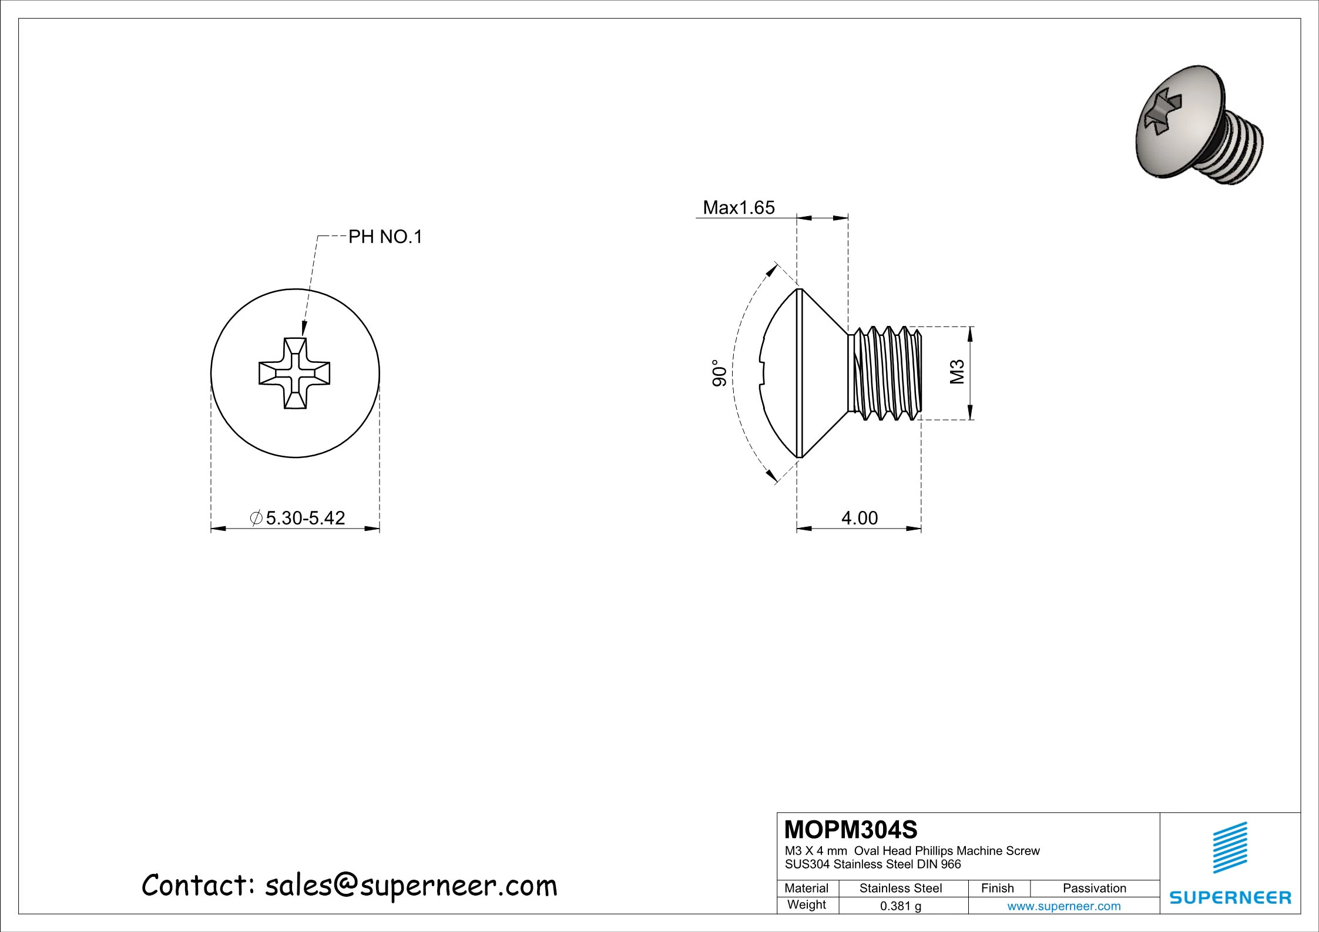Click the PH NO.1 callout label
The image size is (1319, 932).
385,237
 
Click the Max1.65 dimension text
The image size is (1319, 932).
739,208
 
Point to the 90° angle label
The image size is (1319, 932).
720,373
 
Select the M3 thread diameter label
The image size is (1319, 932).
958,372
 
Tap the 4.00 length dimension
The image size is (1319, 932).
860,518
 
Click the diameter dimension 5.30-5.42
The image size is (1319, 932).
305,518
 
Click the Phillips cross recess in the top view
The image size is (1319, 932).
294,373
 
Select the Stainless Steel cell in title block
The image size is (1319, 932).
901,889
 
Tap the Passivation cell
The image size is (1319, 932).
1095,889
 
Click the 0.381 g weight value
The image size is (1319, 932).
901,906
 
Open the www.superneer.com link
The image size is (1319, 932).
1064,906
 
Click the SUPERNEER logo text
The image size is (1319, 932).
1230,898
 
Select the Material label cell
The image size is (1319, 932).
806,889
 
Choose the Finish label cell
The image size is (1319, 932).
997,889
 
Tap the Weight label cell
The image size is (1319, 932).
806,905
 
